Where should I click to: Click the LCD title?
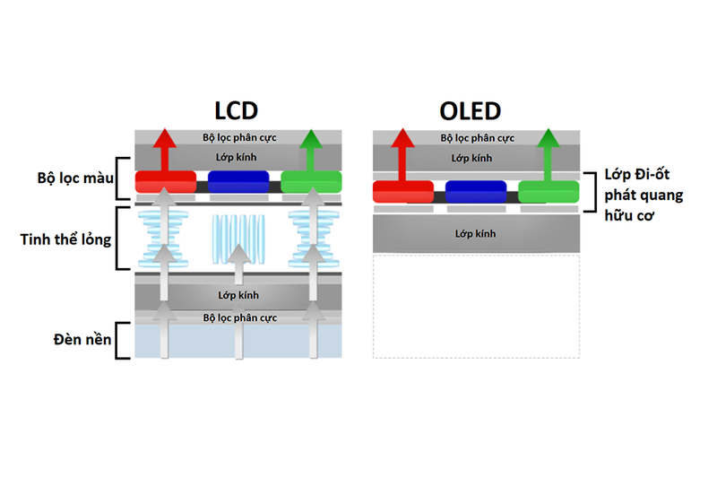[237, 110]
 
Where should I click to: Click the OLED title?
[470, 111]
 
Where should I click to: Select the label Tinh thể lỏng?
[65, 239]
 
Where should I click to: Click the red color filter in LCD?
[166, 181]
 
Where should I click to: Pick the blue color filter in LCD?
[238, 181]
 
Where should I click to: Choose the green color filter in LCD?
[311, 181]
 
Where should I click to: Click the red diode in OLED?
[403, 191]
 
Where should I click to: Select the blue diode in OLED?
[476, 191]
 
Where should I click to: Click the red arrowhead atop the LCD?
[166, 138]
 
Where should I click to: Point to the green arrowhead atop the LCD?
[311, 138]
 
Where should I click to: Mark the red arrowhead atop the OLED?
[403, 138]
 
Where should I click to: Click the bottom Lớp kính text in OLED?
[476, 234]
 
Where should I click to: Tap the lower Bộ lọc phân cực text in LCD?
[239, 317]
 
